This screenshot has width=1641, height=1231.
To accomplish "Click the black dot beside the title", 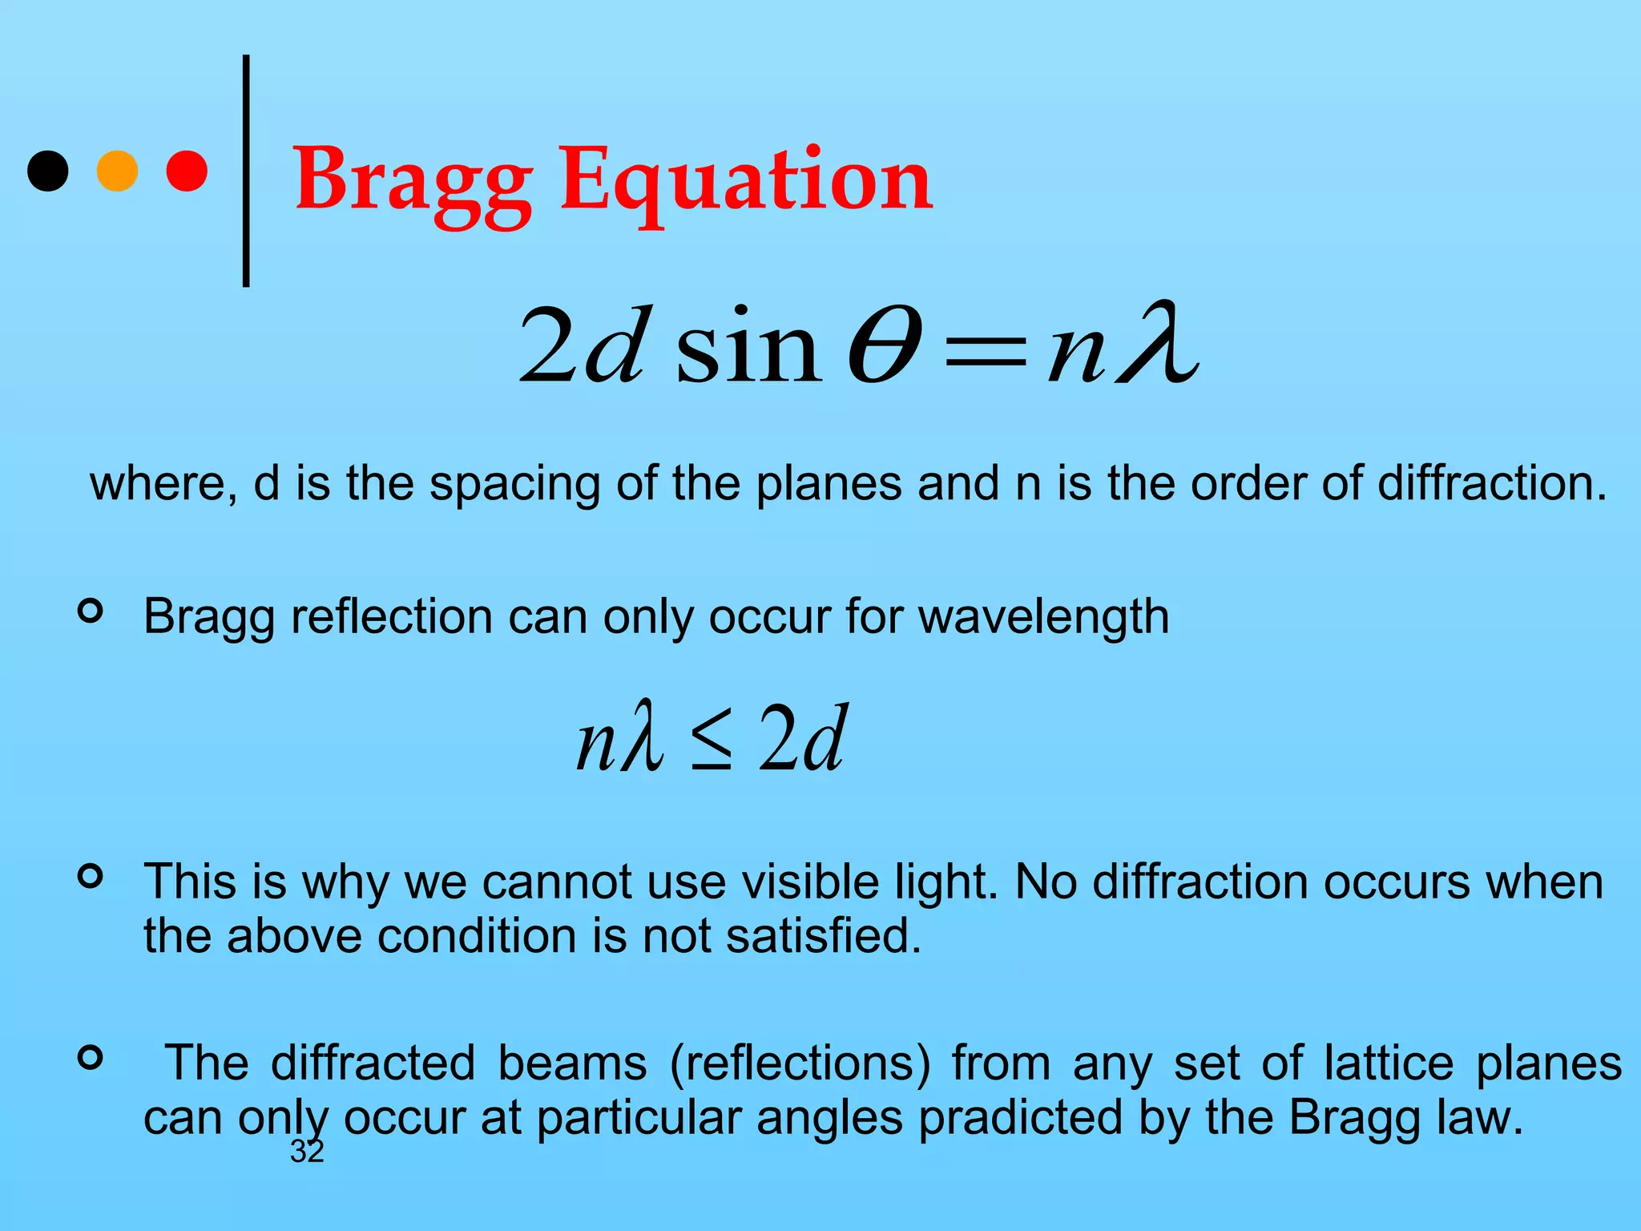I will coord(48,171).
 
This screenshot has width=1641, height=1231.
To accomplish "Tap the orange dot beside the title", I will coord(117,171).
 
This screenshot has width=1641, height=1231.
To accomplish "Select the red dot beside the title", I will coord(187,171).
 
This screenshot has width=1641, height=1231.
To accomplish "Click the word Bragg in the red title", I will coord(413,181).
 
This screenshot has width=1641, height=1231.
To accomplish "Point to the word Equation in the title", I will coord(746,181).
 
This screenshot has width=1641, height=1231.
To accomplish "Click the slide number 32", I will coord(307,1152).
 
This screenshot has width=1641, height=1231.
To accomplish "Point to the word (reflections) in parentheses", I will coord(801,1064).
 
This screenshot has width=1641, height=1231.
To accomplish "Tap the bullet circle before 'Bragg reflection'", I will coord(91,611).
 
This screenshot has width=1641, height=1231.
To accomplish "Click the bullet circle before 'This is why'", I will coord(91,876).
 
